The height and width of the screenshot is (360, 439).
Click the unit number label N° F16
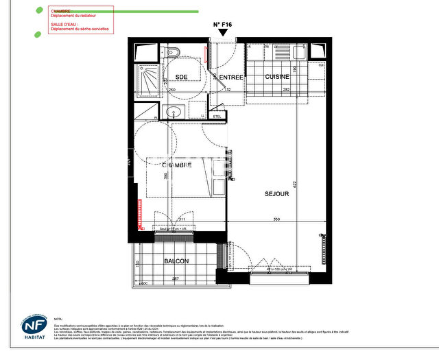tap(223, 24)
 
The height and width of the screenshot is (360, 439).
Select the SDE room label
tap(182, 77)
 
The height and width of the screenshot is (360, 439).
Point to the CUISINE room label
tap(278, 77)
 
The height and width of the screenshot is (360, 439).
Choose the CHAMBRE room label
tap(176, 165)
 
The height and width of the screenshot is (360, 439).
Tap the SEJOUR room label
tap(276, 194)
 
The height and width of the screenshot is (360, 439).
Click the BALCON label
tap(176, 261)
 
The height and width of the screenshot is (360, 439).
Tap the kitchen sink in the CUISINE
tap(281, 51)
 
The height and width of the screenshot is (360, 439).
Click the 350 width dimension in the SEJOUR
tap(276, 219)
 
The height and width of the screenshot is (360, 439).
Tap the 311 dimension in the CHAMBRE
tap(182, 219)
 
